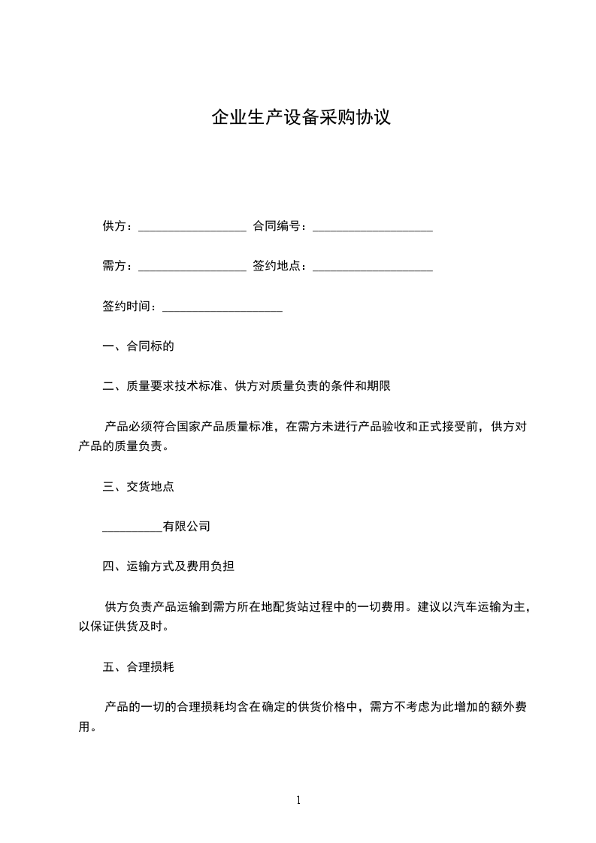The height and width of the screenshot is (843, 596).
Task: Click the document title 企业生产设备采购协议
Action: (301, 118)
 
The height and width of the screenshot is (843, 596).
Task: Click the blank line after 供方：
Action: (192, 228)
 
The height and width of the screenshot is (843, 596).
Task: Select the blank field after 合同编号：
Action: (372, 228)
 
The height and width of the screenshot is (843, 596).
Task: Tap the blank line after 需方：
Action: (192, 267)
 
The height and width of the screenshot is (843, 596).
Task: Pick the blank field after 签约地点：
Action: (372, 267)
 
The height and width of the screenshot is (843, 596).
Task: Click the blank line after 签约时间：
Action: (222, 307)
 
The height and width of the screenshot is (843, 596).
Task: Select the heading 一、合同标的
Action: (138, 347)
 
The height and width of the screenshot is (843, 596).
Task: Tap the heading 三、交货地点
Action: (138, 487)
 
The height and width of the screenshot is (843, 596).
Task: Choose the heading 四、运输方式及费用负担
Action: (168, 567)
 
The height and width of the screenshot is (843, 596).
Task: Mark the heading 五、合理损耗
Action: (138, 666)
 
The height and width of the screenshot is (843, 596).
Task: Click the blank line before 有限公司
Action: (132, 528)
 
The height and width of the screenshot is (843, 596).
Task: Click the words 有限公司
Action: (186, 527)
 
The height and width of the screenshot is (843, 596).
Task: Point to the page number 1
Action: (298, 800)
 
